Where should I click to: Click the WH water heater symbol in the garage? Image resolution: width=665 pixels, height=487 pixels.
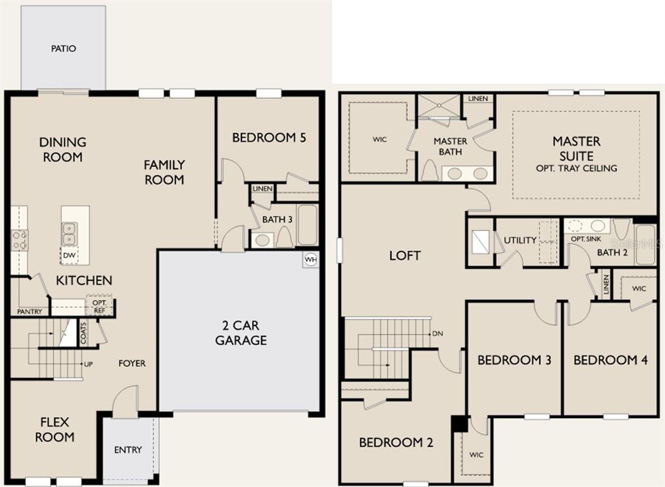[310, 260]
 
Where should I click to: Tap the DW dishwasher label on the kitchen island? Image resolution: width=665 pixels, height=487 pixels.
[69, 255]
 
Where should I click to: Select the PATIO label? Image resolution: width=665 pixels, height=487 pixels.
[64, 48]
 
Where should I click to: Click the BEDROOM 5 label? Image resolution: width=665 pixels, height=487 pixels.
[269, 138]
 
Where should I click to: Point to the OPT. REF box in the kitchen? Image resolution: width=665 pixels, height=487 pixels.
[99, 306]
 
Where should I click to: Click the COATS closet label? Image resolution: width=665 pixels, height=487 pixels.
[83, 333]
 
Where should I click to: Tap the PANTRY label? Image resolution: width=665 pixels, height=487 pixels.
[30, 312]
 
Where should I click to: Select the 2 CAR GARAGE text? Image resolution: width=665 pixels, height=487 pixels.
[241, 332]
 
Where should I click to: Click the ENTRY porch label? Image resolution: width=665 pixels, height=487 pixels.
[128, 450]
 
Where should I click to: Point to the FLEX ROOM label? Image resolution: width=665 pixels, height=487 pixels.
[55, 429]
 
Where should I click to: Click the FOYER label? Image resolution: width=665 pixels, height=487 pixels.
[132, 363]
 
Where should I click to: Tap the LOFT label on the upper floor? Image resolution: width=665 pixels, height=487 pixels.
[405, 255]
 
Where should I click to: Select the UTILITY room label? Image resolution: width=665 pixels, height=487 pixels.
[520, 240]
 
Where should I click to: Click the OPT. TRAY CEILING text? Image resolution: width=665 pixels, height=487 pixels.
[577, 168]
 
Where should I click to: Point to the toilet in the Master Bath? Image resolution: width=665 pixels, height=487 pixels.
[430, 171]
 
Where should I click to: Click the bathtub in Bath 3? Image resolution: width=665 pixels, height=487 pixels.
[307, 225]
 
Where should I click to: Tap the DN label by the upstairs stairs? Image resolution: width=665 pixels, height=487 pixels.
[438, 334]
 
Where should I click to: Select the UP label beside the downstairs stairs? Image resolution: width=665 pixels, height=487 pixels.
[88, 364]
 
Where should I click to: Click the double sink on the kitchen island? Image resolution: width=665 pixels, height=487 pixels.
[69, 234]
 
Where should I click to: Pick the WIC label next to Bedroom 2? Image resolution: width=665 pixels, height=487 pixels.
[476, 455]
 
